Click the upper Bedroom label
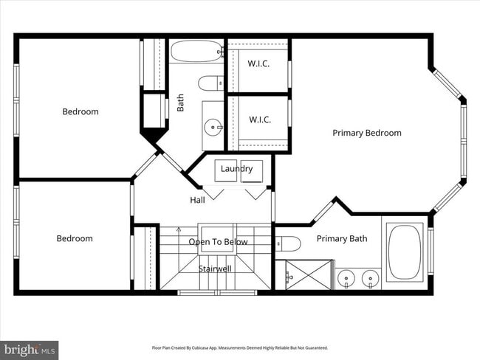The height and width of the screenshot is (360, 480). [80, 112]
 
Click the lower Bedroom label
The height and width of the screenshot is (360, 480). [75, 238]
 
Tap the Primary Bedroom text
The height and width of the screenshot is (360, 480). [366, 133]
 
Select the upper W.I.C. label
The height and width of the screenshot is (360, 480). [258, 63]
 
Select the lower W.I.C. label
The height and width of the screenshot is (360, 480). [258, 120]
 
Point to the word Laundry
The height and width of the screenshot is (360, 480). [236, 168]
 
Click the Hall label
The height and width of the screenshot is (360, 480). [197, 200]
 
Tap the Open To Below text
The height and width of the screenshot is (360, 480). [218, 242]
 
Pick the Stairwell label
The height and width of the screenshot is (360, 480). [215, 269]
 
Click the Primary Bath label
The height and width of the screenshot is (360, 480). [342, 239]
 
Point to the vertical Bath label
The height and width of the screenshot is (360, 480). [181, 102]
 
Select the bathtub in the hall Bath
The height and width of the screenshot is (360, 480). [196, 52]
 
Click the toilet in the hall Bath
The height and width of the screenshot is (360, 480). [211, 82]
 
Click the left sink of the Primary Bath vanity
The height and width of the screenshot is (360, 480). [345, 279]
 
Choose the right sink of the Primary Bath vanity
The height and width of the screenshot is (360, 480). [368, 279]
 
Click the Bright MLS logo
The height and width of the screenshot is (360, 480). [30, 348]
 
